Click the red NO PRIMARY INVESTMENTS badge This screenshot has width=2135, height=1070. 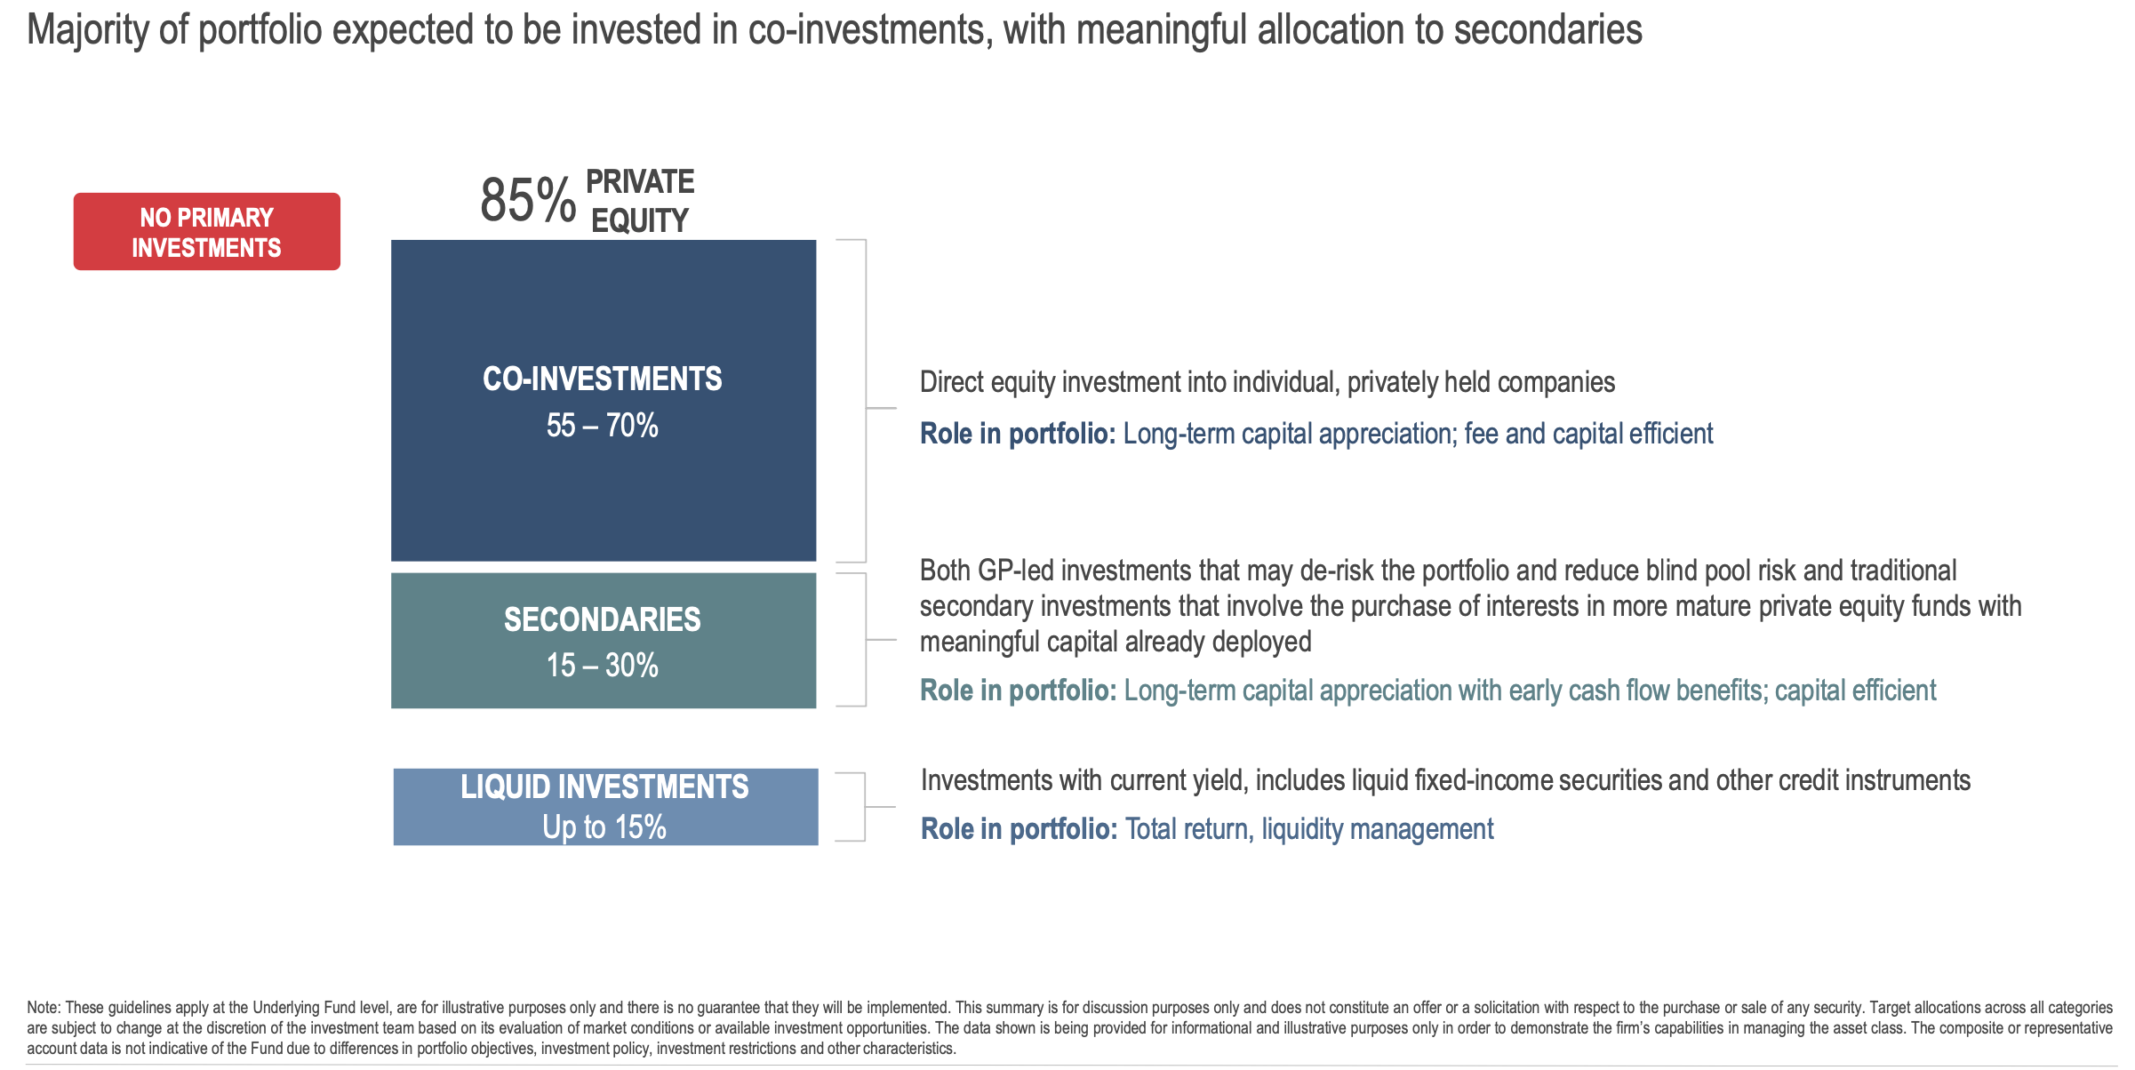click(207, 232)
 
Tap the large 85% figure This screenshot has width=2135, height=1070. click(528, 200)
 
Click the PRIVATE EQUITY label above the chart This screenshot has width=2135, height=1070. click(640, 201)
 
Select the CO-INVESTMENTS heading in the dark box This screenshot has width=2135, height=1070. click(603, 379)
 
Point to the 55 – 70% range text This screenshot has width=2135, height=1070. click(603, 426)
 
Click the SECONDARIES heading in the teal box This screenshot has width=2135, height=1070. click(603, 619)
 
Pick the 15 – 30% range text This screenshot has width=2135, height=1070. click(603, 666)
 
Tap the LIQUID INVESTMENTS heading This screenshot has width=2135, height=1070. click(604, 787)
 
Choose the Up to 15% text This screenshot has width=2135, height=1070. click(604, 827)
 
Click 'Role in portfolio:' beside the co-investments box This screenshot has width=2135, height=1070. click(1018, 434)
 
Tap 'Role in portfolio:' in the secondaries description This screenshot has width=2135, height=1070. click(1019, 691)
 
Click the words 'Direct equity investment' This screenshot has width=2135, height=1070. click(1072, 383)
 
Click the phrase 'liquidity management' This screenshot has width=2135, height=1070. click(1378, 830)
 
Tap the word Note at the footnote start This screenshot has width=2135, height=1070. click(43, 1008)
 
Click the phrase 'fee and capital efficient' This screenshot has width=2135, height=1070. click(1588, 434)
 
